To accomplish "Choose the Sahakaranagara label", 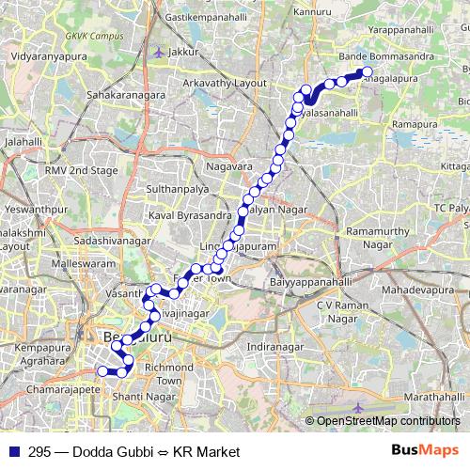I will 126,95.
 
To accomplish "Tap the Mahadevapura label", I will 424,293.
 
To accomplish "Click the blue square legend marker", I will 12,452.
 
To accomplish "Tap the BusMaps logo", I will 425,451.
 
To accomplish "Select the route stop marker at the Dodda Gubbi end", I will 367,72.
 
